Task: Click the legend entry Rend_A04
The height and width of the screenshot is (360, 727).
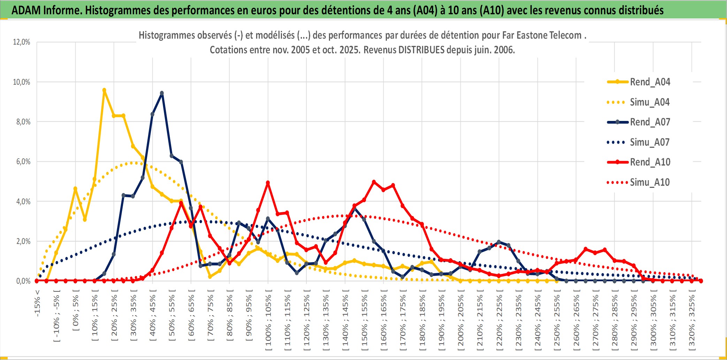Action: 650,82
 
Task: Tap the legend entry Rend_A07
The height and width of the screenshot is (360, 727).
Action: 650,122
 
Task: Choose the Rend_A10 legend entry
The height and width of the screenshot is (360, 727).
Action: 650,162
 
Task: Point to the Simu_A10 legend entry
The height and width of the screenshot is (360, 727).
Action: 650,182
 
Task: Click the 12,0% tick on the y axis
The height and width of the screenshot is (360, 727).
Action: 22,42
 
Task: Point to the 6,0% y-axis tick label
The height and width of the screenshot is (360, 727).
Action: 23,162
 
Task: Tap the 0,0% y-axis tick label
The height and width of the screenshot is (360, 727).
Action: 23,281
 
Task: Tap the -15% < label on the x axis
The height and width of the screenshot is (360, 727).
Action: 37,303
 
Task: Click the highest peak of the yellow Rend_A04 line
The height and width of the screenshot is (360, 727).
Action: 104,90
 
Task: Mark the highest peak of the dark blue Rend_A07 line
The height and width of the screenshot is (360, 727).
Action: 162,93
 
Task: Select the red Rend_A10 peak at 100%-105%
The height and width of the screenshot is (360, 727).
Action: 268,183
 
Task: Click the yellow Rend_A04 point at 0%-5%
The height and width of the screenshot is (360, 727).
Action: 75,189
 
